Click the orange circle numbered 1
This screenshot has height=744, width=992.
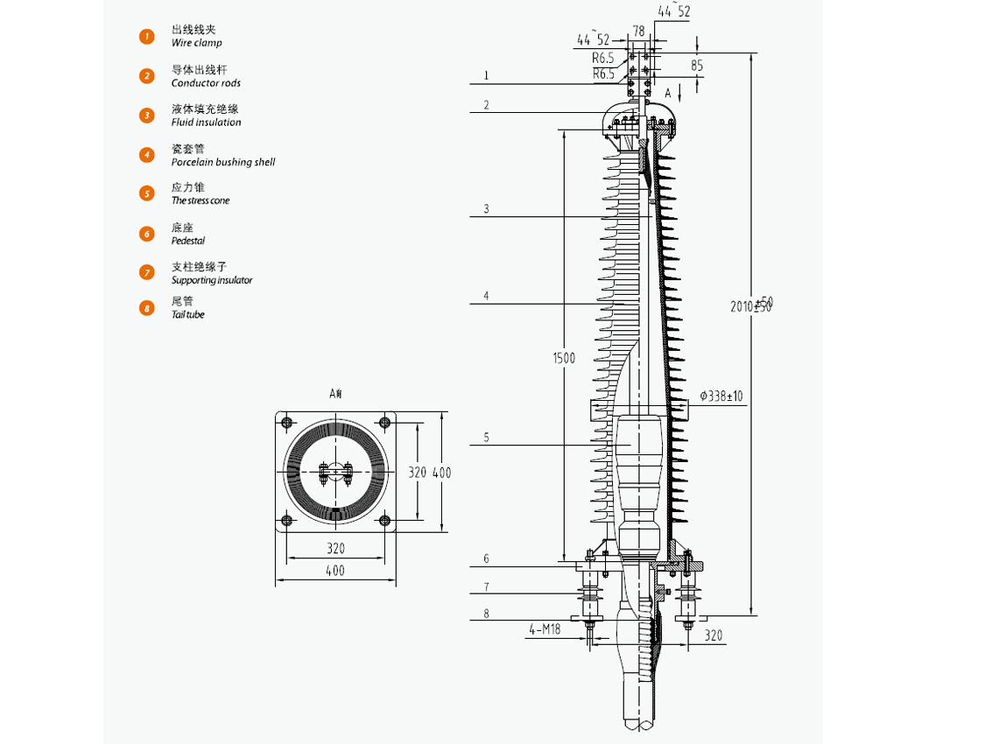point(147,36)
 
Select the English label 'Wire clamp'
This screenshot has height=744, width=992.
point(196,43)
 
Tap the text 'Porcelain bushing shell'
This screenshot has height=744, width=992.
point(223,162)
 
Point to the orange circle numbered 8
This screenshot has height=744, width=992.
point(147,307)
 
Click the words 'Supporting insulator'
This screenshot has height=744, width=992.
point(212,280)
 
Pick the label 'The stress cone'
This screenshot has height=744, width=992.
point(201,200)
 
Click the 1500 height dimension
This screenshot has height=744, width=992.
point(564,357)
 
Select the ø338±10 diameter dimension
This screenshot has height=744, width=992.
point(721,397)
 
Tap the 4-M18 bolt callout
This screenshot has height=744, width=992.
point(544,628)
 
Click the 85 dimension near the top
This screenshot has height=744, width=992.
point(696,66)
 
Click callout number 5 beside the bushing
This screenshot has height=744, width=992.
point(487,438)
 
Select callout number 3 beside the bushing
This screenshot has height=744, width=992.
point(487,209)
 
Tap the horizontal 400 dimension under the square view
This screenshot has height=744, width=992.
point(335,571)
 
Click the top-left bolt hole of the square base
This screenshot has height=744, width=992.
point(286,423)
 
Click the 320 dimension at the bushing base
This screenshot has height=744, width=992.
point(714,635)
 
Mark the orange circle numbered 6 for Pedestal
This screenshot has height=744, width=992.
point(147,234)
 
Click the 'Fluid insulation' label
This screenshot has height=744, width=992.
point(206,123)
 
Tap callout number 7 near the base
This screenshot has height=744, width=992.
point(487,586)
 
